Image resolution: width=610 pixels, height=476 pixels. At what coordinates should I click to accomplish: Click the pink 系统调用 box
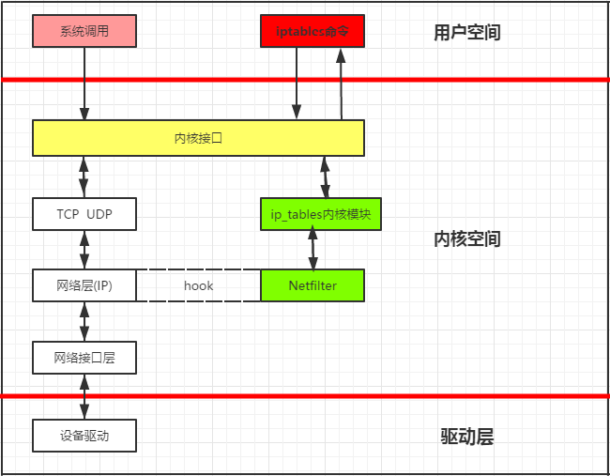(84, 32)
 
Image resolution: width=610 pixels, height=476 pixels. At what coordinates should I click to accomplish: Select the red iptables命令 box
(312, 32)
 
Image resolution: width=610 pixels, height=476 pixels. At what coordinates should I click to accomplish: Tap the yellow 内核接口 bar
(198, 138)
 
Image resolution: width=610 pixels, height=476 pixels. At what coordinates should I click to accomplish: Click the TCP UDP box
(84, 214)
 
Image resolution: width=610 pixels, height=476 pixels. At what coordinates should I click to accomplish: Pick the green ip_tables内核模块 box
(312, 214)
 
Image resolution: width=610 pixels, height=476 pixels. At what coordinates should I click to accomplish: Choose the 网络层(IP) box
(84, 285)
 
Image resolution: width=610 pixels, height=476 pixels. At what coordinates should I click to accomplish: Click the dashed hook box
(198, 285)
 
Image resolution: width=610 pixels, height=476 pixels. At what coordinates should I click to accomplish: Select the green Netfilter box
(312, 285)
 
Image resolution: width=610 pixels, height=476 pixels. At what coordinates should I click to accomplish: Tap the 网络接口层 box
(84, 358)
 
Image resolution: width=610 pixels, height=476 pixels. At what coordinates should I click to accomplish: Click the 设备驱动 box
(84, 436)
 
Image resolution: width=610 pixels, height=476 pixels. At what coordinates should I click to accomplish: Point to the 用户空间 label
(466, 33)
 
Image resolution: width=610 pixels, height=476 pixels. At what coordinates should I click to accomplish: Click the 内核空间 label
(466, 239)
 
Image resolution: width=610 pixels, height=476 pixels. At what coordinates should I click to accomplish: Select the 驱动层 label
(466, 437)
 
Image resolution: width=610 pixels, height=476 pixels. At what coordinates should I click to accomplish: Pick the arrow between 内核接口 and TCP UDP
(84, 177)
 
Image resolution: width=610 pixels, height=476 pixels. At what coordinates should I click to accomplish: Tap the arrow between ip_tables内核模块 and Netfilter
(313, 250)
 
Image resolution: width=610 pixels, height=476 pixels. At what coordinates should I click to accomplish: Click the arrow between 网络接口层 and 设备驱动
(84, 396)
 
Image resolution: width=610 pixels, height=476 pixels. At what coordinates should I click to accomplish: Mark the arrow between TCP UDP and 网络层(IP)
(84, 250)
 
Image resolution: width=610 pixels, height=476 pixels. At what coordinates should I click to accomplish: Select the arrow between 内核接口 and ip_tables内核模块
(326, 177)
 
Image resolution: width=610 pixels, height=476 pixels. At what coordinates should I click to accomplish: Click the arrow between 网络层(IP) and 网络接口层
(84, 322)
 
